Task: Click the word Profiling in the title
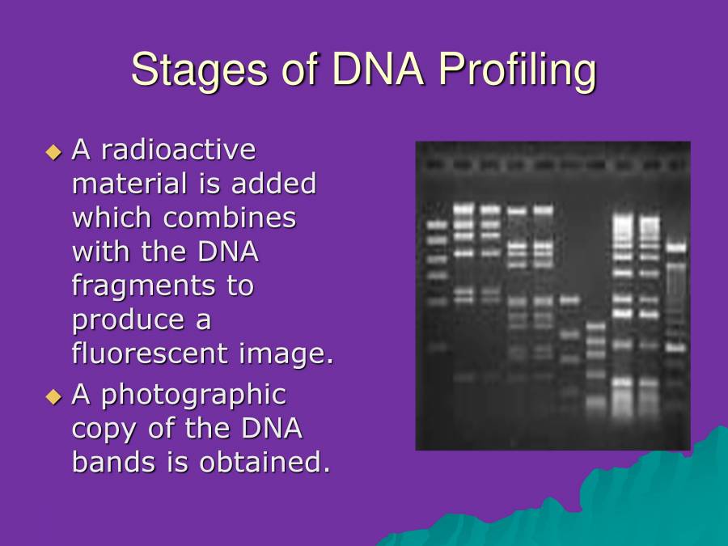pyautogui.click(x=517, y=70)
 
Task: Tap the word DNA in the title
pyautogui.click(x=378, y=70)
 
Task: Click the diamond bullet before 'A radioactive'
pyautogui.click(x=54, y=151)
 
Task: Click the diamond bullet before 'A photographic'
pyautogui.click(x=54, y=396)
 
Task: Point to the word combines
pyautogui.click(x=230, y=218)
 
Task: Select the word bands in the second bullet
pyautogui.click(x=108, y=463)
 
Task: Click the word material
pyautogui.click(x=129, y=184)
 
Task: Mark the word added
pyautogui.click(x=273, y=184)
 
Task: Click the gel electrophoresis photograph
pyautogui.click(x=552, y=295)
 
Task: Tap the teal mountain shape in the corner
pyautogui.click(x=647, y=502)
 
